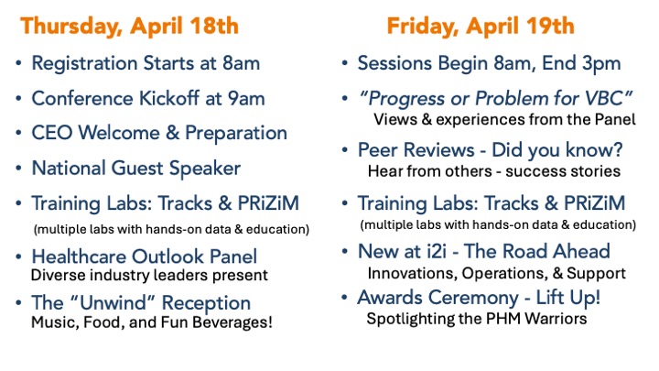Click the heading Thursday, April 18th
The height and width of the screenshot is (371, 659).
tap(129, 26)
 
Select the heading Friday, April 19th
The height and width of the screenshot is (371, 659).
tap(481, 26)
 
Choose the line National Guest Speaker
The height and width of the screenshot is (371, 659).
tap(136, 169)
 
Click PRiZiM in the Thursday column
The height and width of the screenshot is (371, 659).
tap(268, 203)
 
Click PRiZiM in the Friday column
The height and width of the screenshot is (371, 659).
tap(594, 203)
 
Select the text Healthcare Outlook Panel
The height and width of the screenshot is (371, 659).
tap(145, 256)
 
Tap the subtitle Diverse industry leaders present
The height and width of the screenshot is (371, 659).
tap(149, 275)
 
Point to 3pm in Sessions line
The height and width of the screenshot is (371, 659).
tap(601, 64)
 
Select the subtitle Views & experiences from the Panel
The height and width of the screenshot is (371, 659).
tap(504, 119)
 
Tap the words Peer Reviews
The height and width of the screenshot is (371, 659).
tap(416, 150)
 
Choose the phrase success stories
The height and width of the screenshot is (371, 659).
tap(563, 171)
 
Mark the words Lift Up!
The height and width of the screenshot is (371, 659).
tap(567, 298)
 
